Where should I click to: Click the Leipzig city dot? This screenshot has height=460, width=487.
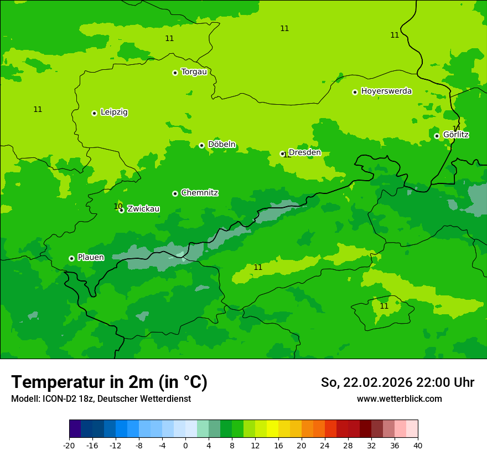pos(94,113)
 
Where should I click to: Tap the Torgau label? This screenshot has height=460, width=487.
pos(194,72)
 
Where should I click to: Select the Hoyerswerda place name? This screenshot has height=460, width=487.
pos(386,91)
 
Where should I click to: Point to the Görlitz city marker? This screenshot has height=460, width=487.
pos(437,136)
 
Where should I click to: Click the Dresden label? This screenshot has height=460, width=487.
pos(304,152)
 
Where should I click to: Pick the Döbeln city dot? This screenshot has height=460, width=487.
pos(201,145)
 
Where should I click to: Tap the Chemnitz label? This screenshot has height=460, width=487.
pos(199,193)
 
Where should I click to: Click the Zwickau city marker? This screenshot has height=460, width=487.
pos(121,210)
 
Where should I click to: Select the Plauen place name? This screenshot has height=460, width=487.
pos(91,257)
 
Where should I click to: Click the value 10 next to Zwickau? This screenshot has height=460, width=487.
pos(118,206)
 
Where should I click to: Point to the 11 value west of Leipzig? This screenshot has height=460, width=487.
pos(38,109)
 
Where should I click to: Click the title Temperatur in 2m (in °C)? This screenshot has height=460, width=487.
pos(109,382)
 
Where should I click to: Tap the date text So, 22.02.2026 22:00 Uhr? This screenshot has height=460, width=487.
pos(397,382)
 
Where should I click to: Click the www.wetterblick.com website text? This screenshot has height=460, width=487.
pos(399,399)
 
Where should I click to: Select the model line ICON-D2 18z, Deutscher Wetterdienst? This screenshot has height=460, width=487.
pos(101,399)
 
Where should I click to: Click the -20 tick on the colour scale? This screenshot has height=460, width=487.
pos(69,445)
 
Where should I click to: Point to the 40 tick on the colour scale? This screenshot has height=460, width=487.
pos(418,445)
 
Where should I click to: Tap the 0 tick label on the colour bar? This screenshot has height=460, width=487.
pos(185,445)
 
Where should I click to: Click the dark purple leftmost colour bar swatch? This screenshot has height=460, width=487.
pos(75,429)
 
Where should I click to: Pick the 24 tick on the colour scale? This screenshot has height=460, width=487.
pos(325,445)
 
